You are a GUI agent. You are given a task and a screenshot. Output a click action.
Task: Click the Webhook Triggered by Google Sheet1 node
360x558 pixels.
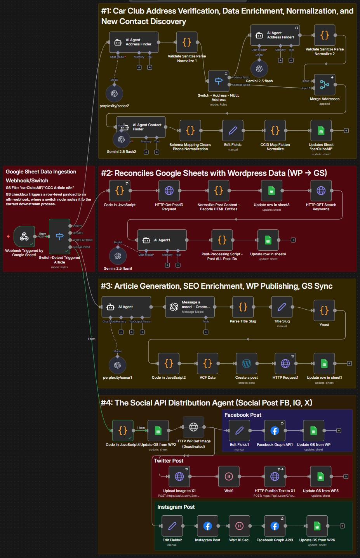point(24,236)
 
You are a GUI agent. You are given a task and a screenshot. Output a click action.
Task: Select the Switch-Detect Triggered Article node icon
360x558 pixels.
point(59,236)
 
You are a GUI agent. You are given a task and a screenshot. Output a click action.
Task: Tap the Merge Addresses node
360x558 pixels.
point(325,85)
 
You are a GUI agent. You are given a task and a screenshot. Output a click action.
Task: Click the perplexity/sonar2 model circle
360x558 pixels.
point(114,94)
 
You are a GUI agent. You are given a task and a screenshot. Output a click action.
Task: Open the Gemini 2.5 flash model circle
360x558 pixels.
point(259,69)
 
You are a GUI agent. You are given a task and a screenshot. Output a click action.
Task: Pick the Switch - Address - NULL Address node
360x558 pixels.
point(218,81)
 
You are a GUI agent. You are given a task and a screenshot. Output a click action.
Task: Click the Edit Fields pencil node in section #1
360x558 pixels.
point(233,130)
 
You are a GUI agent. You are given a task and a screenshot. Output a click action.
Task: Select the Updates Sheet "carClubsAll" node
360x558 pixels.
point(321,130)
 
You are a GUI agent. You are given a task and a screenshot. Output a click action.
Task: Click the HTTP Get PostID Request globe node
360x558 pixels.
point(169,191)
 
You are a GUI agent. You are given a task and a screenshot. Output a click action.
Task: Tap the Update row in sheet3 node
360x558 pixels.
point(271,191)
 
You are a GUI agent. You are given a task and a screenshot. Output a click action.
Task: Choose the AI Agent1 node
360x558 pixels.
point(162,240)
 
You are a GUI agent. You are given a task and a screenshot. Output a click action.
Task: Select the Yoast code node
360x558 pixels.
point(324,310)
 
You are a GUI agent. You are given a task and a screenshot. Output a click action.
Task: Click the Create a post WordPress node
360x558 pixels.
point(246,363)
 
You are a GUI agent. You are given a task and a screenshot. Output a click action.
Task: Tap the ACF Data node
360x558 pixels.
point(207,363)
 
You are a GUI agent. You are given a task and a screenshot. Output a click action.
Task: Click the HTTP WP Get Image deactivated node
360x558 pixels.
point(193,427)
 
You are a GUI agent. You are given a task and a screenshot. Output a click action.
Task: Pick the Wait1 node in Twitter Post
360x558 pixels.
point(229,476)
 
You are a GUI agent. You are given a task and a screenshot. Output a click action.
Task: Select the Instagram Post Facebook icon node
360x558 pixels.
point(207,526)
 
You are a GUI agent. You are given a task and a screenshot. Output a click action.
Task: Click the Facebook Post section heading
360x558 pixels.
point(243,415)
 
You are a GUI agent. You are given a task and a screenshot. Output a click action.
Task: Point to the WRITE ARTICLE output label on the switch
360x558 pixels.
point(83,240)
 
